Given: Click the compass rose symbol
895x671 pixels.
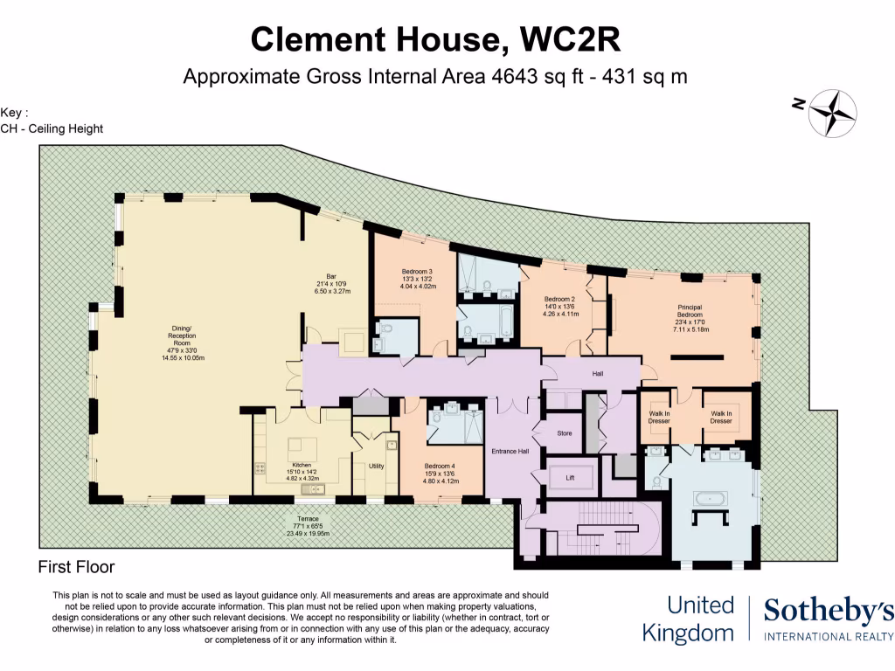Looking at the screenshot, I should point(832,113).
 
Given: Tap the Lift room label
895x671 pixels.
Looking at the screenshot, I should point(569,478).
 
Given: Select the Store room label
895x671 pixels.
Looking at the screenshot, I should point(564,432).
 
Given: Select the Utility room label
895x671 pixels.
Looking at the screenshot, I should point(376,467).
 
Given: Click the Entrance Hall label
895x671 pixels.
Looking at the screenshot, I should point(511,451).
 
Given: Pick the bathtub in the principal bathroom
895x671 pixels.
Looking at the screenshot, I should point(709,499).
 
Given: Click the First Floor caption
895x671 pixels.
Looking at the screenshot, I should point(76,567).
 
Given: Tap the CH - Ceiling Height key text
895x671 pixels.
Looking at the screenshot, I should point(52,128).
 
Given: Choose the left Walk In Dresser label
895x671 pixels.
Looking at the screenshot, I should point(659,418).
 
